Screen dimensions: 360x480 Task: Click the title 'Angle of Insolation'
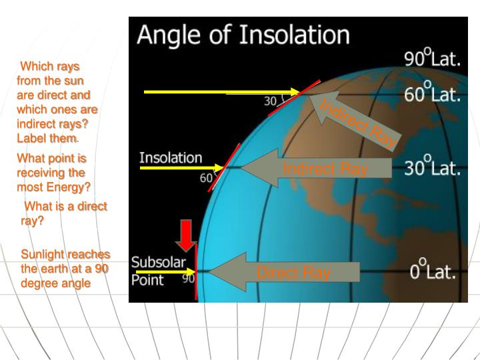(243, 35)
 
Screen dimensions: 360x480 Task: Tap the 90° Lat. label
(433, 59)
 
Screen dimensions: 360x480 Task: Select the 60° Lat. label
(433, 94)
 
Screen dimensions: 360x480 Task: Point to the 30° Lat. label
(433, 167)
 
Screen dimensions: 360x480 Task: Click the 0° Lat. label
(433, 273)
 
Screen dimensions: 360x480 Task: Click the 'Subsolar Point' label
(157, 270)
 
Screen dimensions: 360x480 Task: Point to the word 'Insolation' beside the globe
(171, 158)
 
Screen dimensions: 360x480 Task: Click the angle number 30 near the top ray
(270, 102)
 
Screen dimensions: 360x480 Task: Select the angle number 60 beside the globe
(207, 179)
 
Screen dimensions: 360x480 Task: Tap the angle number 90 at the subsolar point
(189, 279)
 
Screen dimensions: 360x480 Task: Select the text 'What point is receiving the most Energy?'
(53, 173)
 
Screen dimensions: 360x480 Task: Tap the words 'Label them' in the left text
(47, 138)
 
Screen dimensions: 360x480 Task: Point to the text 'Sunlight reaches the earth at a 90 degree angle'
(65, 269)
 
